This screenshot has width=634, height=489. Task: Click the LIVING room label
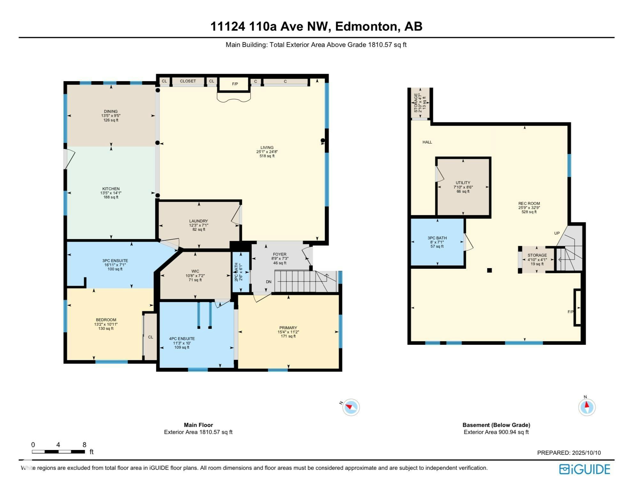(x=267, y=148)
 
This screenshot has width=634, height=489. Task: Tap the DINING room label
(x=111, y=112)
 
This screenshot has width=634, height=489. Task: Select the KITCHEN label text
(x=111, y=189)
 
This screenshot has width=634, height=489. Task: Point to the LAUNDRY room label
(x=198, y=221)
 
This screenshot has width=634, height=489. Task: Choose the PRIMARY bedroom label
(x=288, y=328)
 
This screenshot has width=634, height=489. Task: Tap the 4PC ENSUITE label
(x=182, y=339)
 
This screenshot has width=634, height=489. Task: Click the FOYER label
(x=280, y=254)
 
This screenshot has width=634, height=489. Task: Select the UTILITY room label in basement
(x=463, y=183)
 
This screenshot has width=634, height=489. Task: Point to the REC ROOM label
(x=529, y=204)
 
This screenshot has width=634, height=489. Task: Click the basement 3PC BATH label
(x=437, y=238)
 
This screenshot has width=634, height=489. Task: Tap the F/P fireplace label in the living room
(x=235, y=84)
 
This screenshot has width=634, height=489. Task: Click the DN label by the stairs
(x=269, y=282)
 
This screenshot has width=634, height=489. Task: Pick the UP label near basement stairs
(x=557, y=233)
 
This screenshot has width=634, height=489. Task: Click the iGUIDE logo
(x=584, y=469)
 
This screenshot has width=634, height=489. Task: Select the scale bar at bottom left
(x=58, y=452)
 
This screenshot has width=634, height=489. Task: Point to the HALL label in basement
(x=427, y=142)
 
